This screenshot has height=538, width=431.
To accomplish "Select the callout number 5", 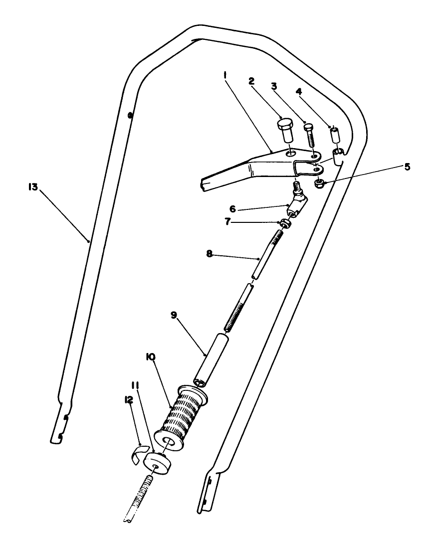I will coord(407,167).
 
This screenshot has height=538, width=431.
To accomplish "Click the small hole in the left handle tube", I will coord(130,116).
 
